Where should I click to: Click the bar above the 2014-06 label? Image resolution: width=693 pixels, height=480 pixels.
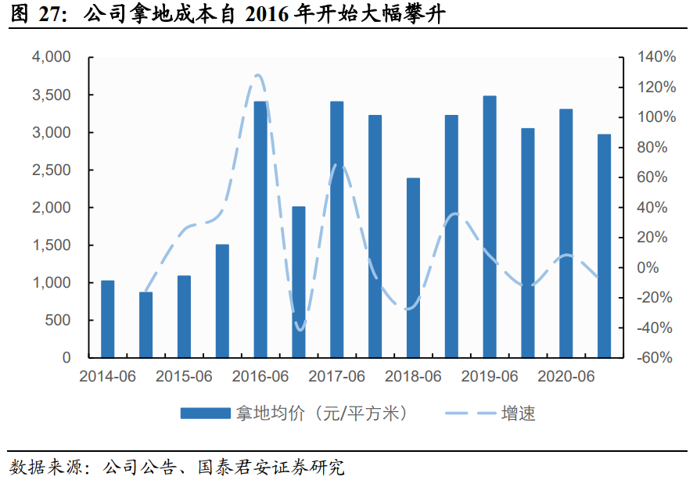tap(108, 319)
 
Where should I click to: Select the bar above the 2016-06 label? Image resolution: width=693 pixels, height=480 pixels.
tap(260, 229)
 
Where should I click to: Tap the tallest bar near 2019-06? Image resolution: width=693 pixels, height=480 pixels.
tap(490, 227)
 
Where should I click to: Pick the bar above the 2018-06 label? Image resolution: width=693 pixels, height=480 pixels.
tap(413, 267)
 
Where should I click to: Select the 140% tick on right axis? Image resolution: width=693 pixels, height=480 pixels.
tap(656, 57)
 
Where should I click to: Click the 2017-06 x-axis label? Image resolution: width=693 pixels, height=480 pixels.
tap(337, 377)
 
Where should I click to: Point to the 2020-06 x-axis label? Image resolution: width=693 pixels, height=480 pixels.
tap(566, 377)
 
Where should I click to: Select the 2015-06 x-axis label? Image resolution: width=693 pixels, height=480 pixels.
tap(185, 377)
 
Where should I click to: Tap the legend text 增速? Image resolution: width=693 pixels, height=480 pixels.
tap(518, 414)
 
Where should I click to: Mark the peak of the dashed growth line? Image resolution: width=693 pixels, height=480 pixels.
tap(257, 75)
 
